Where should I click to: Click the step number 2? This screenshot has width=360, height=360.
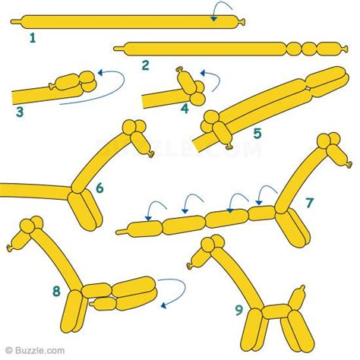tap(144, 65)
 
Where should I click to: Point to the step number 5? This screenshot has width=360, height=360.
tap(257, 134)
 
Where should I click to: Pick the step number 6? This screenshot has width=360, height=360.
tap(100, 186)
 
